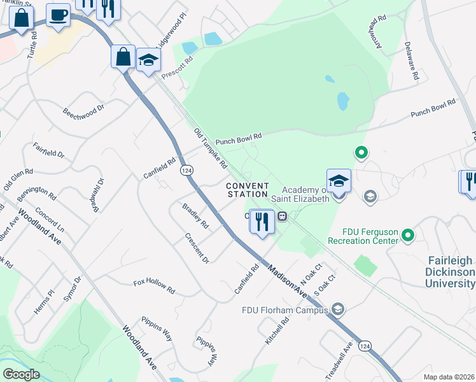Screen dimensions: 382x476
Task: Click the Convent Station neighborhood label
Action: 248,190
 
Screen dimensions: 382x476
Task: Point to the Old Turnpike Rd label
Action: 211,147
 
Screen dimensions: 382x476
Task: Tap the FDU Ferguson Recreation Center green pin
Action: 409,237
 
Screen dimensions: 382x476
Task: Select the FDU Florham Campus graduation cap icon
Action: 338,309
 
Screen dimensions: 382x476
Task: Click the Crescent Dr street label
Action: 197,248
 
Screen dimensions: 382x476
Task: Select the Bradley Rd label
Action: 195,216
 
